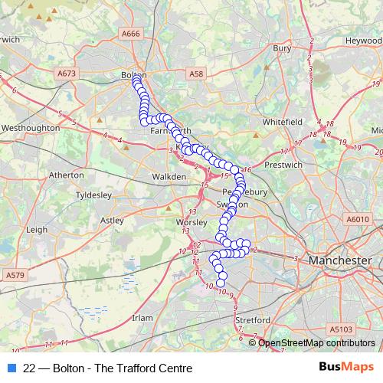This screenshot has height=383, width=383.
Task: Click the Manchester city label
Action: coord(339,261)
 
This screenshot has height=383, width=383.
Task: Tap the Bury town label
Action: coord(283,48)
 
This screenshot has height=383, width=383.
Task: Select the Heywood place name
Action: coord(363,40)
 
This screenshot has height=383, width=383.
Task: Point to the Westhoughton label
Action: coord(31,128)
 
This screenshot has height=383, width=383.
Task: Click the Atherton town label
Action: coord(66,175)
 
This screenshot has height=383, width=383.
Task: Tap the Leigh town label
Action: coord(37,229)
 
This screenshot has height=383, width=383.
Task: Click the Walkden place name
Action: coord(169,176)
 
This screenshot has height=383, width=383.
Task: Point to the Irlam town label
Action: coord(143,317)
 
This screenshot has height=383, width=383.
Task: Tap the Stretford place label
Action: coord(254,319)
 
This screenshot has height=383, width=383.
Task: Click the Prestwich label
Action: coord(278,165)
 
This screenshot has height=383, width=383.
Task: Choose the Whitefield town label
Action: coord(283,122)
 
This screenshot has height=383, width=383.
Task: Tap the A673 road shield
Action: coord(67,73)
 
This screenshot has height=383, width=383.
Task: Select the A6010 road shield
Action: coord(357,218)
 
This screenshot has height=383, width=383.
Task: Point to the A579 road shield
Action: coord(15,274)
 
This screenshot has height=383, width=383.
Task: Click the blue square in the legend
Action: coord(11,368)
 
